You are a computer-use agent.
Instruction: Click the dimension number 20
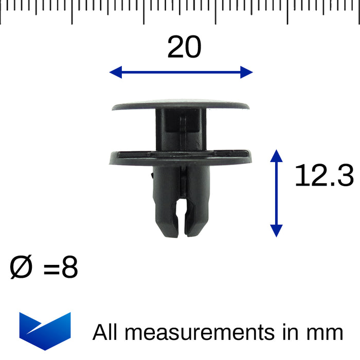coord(184,48)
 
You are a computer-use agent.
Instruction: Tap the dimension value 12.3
coord(323,176)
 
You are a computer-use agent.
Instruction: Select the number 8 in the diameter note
coord(69,269)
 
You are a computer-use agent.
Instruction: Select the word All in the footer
coord(106,332)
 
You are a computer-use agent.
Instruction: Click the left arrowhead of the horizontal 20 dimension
coord(115,72)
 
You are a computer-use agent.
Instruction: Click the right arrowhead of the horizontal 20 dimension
coord(247,72)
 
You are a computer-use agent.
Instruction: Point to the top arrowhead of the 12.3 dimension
coord(276,155)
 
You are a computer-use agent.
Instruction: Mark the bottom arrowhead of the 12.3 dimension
coord(276,231)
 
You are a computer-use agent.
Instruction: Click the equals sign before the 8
coord(51,269)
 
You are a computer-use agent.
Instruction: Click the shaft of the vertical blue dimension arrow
coord(276,193)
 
